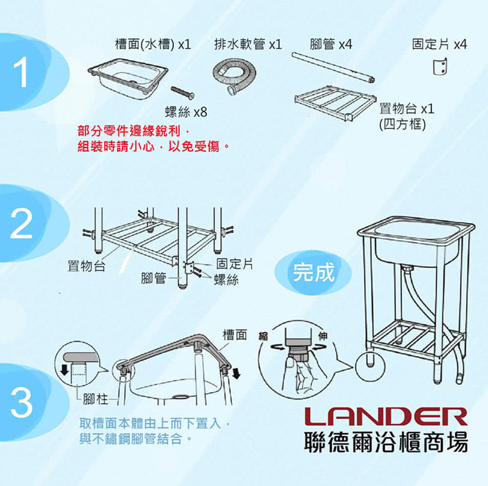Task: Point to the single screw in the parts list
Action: (183, 92)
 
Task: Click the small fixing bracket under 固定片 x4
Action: (440, 66)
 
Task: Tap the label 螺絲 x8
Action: (186, 112)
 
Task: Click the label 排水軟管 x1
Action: (248, 44)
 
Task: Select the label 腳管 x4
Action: (331, 44)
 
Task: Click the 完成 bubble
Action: (313, 272)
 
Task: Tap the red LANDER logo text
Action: (386, 416)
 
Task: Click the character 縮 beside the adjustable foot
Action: (264, 336)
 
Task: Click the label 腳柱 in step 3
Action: (95, 399)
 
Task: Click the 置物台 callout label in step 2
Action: (86, 266)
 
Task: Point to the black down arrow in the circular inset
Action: (64, 370)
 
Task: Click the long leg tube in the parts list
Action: (333, 67)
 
